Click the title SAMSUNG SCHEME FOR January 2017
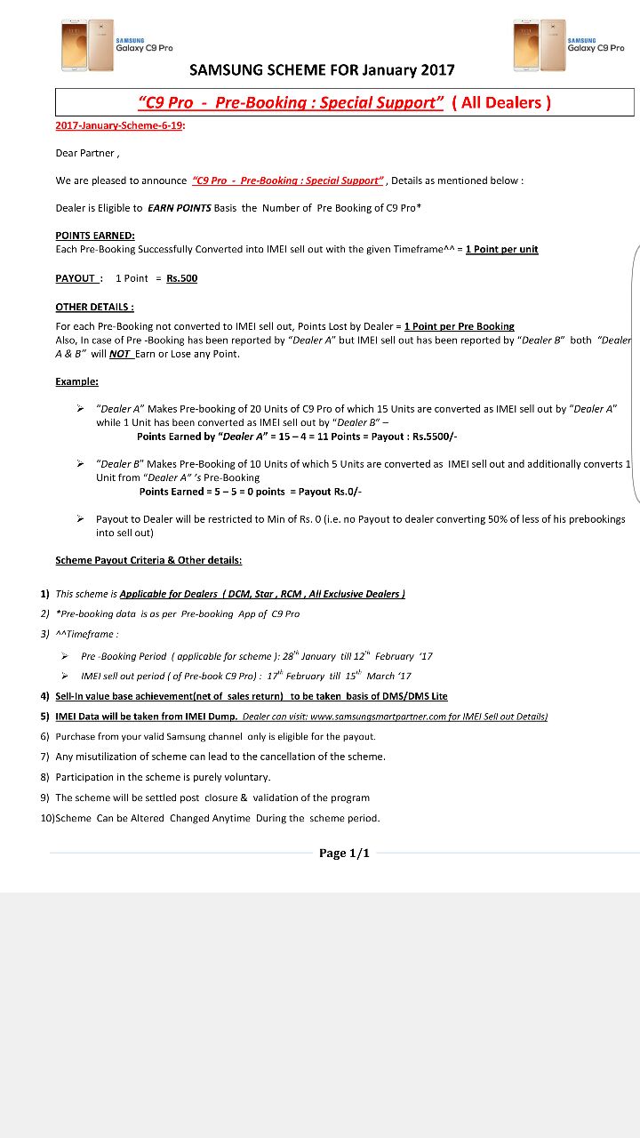(322, 70)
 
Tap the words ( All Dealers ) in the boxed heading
(501, 102)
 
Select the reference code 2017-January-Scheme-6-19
(119, 125)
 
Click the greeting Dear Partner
(86, 153)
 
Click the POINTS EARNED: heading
(95, 236)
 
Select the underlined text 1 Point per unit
(501, 249)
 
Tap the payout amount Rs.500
(181, 278)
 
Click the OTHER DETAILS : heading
(94, 307)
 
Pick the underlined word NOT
(120, 354)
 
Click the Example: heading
(76, 381)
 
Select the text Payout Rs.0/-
(328, 492)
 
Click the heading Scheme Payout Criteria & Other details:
(148, 560)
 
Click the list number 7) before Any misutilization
(44, 757)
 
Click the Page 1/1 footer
(344, 853)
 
